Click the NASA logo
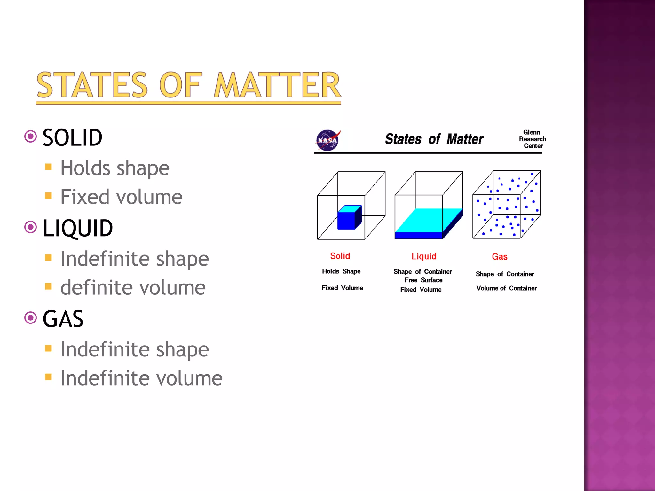[327, 140]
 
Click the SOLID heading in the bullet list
[72, 138]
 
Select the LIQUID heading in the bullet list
[77, 228]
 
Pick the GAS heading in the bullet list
[63, 319]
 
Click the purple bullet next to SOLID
[31, 137]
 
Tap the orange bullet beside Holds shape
[48, 167]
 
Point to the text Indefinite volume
[141, 378]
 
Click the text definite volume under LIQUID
[133, 288]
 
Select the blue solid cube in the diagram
[349, 218]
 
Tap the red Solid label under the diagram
[340, 256]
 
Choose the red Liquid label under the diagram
[424, 256]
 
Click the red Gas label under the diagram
[500, 257]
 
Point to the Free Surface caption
[423, 280]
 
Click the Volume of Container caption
[506, 288]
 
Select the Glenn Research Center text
[533, 139]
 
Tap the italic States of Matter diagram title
[434, 139]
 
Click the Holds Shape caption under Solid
[341, 271]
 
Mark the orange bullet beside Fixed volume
[48, 196]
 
